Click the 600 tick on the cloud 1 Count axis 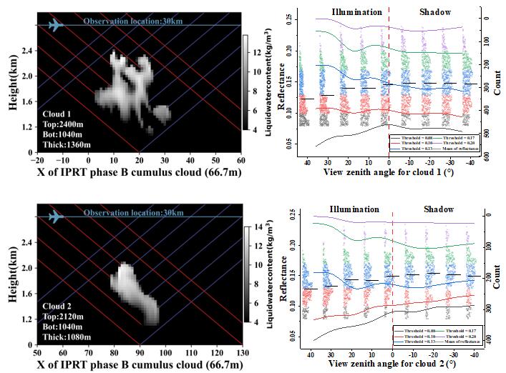(487, 156)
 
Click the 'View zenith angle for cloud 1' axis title (386, 174)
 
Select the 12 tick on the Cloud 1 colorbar (253, 54)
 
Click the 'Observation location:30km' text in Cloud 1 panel (134, 23)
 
